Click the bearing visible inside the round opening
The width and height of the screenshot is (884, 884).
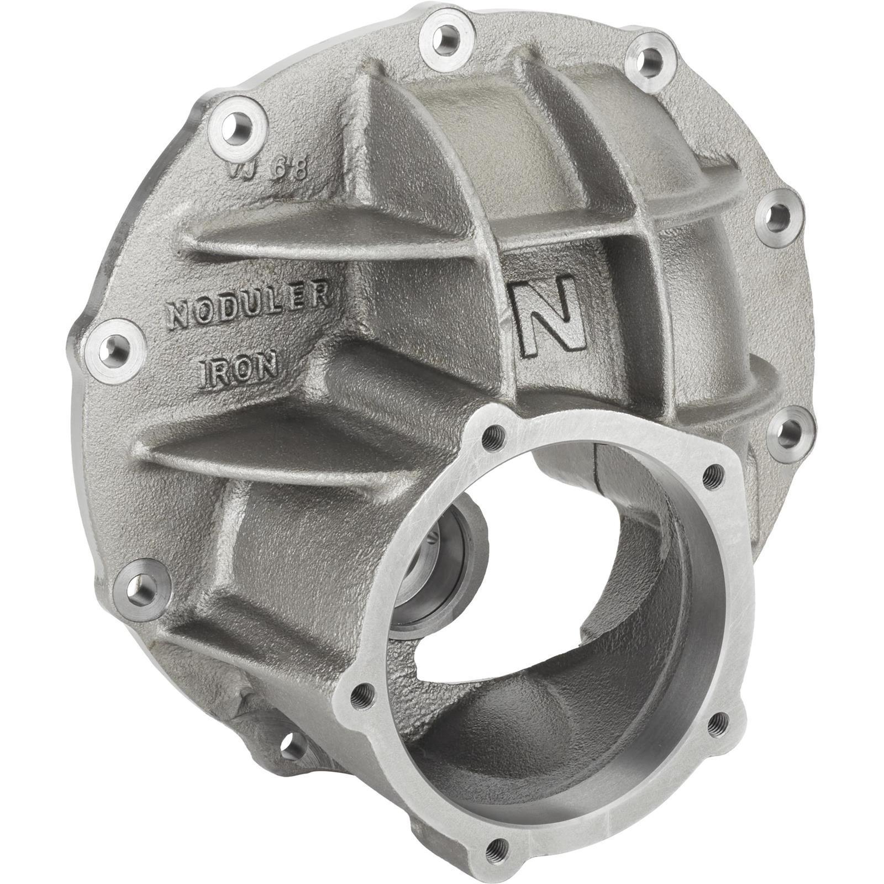pos(436,547)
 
